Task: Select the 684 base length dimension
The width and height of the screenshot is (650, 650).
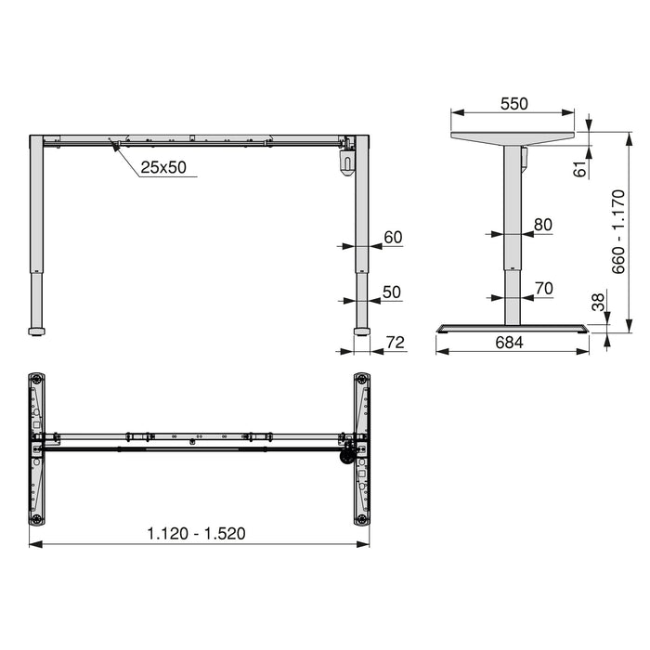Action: point(509,343)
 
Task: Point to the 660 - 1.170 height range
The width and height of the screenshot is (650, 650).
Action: point(618,231)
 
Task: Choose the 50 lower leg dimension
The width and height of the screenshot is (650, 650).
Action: point(392,292)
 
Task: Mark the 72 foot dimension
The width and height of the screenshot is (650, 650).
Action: point(395,343)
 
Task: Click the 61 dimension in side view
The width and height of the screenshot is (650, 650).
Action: point(581,169)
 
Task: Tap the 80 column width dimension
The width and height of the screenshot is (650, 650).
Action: point(543,224)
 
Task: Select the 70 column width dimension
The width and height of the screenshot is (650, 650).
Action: point(544,289)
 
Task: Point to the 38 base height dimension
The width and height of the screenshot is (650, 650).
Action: point(598,302)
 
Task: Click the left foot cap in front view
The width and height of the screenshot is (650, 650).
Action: point(36,330)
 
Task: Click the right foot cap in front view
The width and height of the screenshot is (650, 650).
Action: point(361,330)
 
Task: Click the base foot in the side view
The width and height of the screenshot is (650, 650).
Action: point(513,328)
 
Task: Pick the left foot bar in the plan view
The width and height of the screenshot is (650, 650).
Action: point(36,449)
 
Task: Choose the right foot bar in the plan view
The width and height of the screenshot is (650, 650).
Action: point(361,449)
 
